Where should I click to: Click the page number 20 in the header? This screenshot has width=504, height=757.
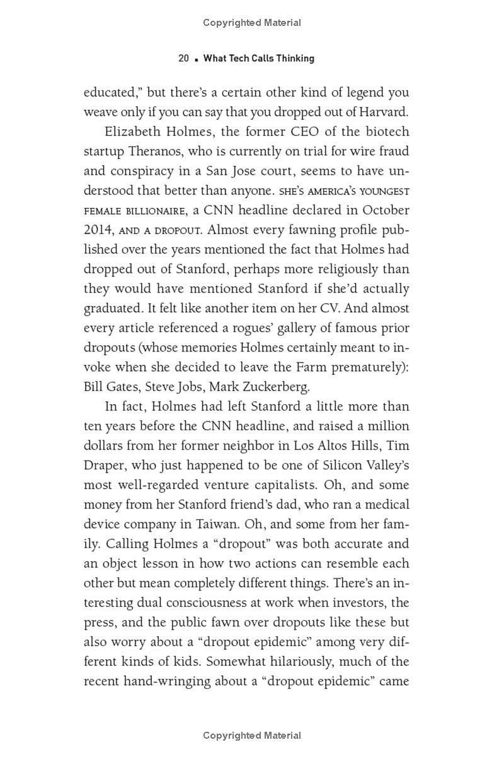click(184, 59)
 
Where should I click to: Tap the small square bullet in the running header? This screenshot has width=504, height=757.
click(197, 59)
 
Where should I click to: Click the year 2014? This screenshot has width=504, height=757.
click(97, 230)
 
